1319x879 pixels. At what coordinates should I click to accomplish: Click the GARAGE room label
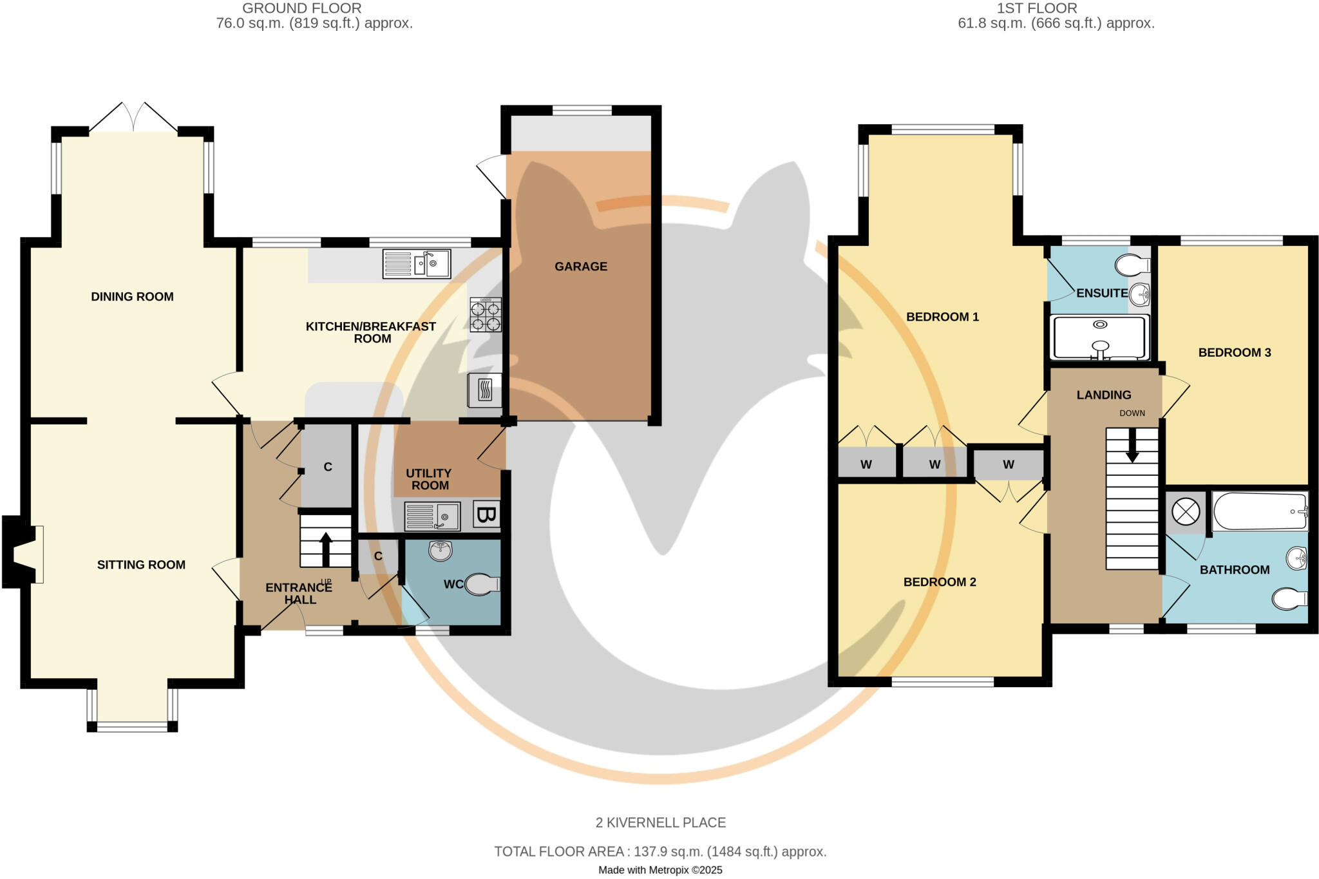[x=580, y=267]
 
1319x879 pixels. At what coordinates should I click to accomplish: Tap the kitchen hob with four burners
[x=485, y=315]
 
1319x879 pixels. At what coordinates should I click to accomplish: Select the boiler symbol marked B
[x=486, y=515]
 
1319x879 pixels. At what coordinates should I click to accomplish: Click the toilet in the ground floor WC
[x=482, y=584]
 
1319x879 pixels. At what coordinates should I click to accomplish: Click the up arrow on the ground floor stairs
[x=326, y=549]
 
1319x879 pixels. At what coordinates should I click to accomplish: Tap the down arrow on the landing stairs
[x=1132, y=446]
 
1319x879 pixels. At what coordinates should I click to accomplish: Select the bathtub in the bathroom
[x=1260, y=511]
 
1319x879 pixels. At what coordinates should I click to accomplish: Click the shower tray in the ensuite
[x=1099, y=337]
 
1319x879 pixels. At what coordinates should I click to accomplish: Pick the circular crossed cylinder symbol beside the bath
[x=1185, y=513]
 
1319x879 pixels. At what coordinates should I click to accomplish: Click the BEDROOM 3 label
[x=1234, y=353]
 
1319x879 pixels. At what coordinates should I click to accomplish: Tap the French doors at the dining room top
[x=133, y=118]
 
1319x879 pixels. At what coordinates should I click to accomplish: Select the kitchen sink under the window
[x=417, y=264]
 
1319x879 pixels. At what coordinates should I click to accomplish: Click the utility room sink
[x=432, y=516]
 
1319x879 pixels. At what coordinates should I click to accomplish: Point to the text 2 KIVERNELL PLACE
[x=660, y=822]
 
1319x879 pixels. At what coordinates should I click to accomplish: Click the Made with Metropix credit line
[x=660, y=870]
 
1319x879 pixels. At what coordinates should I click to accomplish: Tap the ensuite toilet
[x=1133, y=265]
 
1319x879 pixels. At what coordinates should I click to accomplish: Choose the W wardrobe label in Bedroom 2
[x=1008, y=465]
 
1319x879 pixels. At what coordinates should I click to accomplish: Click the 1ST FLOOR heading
[x=1036, y=8]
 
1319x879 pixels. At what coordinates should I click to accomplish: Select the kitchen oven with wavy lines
[x=485, y=390]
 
